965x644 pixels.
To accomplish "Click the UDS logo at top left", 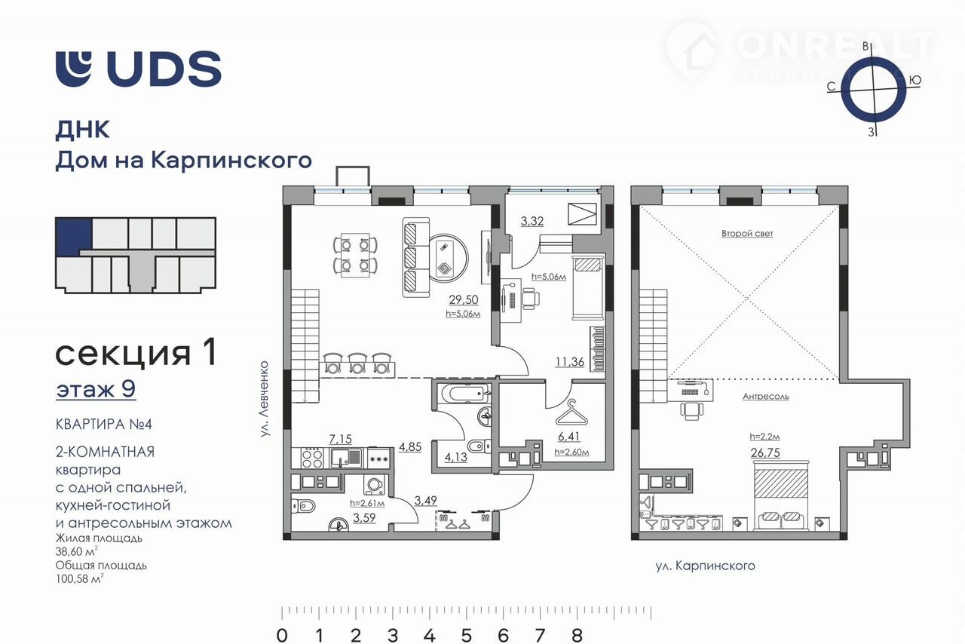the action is [x=138, y=69].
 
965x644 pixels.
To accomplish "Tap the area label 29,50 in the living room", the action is [x=463, y=299].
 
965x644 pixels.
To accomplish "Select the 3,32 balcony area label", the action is [x=532, y=221].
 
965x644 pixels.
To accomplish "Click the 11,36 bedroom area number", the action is [x=569, y=362].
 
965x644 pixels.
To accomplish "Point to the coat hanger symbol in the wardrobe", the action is [x=571, y=413].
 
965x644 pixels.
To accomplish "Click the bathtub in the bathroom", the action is [x=465, y=393].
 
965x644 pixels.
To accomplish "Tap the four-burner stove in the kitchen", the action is [x=312, y=458].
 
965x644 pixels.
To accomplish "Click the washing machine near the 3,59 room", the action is [x=375, y=485].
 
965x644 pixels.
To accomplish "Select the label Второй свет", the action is [x=747, y=233].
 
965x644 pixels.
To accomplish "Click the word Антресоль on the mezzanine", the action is [x=765, y=396].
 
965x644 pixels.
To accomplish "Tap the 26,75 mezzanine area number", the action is [x=765, y=452].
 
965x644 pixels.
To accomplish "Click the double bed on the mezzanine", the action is [x=780, y=496].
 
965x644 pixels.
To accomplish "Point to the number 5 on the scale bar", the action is [x=467, y=635].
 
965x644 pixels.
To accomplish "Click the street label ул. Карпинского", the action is [x=705, y=566].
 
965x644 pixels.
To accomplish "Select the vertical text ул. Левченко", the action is [x=265, y=399].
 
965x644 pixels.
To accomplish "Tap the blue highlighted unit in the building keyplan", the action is [x=74, y=236].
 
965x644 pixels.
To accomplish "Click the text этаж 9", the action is [x=96, y=389].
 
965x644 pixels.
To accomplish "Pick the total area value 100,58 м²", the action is [x=79, y=578].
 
